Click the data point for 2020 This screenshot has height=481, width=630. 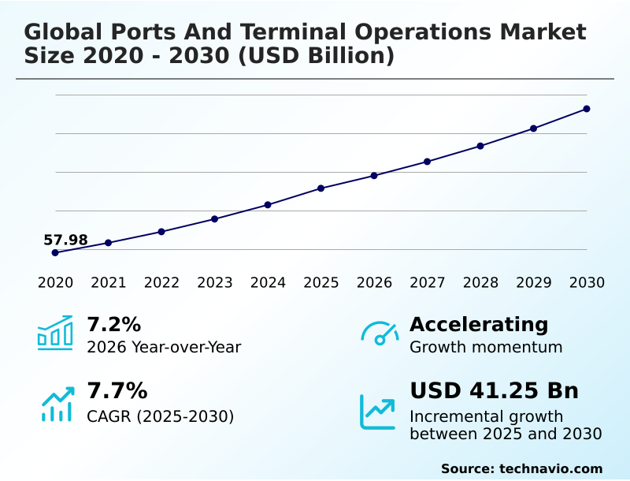coord(55,252)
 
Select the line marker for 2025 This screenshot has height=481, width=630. coord(321,188)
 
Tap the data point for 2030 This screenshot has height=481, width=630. coord(587,109)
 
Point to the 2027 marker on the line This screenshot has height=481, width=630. coord(427,162)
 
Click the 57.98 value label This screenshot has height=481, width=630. coord(65,240)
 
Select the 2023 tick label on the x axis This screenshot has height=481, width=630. coord(214,283)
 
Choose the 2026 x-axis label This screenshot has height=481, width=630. coord(374,283)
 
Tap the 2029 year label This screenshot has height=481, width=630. coord(533,283)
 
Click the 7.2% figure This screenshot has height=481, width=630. coord(113,324)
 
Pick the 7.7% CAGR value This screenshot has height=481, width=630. coord(117,391)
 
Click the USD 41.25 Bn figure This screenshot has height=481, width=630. coord(494,391)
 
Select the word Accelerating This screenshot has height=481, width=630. coord(479,324)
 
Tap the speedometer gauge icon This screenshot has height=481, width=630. coord(380,334)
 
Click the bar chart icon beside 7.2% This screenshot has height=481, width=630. coord(55,333)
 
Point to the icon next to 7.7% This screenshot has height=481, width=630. coord(57,404)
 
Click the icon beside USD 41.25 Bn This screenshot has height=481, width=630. coord(378,411)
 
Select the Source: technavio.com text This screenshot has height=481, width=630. coord(521,468)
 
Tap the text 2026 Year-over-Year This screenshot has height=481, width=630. coord(164,347)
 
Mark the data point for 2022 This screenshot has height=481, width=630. coord(161,232)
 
